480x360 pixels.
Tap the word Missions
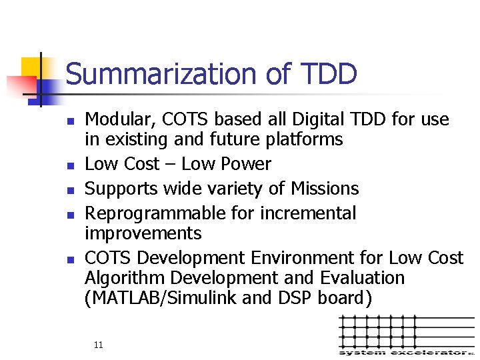tap(325, 189)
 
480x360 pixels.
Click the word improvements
tap(143, 233)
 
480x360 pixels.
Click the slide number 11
tap(99, 345)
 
